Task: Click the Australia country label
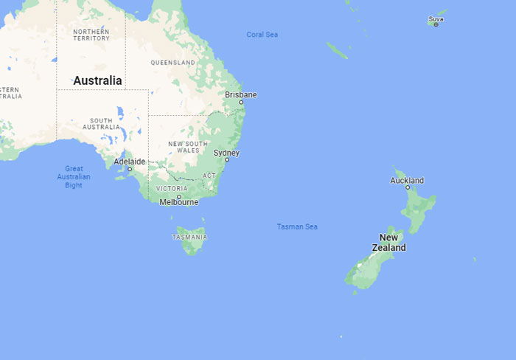pos(97,80)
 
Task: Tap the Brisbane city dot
pos(240,103)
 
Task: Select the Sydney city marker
pos(227,159)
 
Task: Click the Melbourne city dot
pos(178,196)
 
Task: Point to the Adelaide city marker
pos(130,169)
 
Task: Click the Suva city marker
pos(436,24)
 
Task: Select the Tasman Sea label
pos(297,226)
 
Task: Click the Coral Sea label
pos(262,35)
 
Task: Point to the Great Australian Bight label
pos(74,177)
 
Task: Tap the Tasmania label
pos(189,238)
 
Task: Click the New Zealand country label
pos(388,243)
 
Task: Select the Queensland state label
pos(172,63)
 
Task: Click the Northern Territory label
pos(91,35)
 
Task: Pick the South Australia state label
pos(101,124)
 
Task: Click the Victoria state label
pos(171,189)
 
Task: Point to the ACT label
pos(209,176)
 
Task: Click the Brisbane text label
pos(241,94)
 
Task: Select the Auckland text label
pos(407,180)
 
